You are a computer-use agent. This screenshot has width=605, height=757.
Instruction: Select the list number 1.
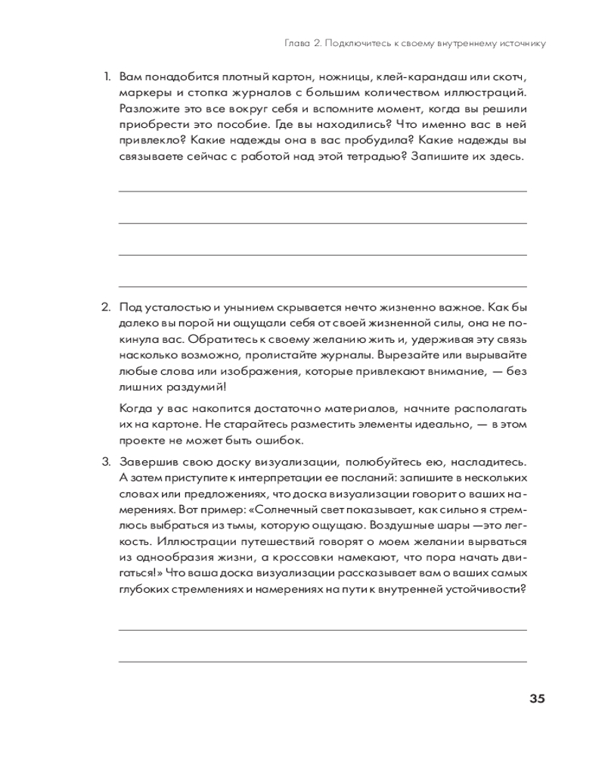click(x=107, y=76)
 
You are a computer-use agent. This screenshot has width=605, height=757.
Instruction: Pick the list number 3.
click(x=106, y=462)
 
